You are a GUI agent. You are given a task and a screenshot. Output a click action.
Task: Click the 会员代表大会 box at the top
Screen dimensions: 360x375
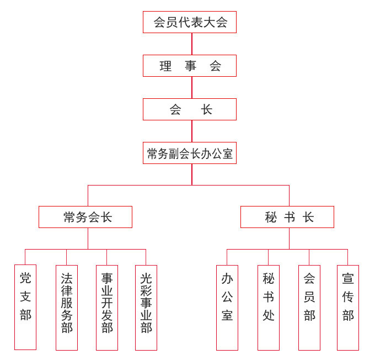189,22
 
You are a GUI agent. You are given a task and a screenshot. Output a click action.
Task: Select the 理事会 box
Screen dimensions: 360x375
189,66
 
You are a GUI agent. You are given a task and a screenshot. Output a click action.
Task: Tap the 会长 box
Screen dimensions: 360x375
189,109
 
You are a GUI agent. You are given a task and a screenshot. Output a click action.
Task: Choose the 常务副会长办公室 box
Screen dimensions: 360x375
189,153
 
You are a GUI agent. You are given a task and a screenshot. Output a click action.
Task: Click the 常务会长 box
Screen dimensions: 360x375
85,217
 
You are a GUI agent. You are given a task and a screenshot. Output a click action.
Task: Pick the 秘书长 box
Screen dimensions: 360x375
287,217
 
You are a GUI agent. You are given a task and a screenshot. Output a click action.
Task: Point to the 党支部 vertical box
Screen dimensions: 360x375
25,307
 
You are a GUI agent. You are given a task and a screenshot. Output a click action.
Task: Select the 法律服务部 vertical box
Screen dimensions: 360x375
67,307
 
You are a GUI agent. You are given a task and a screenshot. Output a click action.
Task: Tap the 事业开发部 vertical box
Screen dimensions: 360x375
107,307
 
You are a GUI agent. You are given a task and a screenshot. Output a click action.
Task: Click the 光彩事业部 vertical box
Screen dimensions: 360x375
146,307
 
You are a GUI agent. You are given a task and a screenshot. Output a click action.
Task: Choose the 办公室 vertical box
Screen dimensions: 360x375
227,307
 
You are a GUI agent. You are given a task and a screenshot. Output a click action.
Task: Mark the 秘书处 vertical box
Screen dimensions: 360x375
269,307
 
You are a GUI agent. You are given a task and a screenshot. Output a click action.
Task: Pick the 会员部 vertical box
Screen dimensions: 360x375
309,307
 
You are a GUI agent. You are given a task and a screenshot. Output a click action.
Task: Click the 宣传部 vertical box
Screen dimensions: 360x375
348,307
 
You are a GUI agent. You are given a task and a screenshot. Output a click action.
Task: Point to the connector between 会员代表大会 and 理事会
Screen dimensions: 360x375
192,44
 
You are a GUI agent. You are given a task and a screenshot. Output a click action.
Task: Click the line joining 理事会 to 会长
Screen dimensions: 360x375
192,87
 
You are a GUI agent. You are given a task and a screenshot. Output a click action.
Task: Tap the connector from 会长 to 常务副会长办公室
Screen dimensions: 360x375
192,131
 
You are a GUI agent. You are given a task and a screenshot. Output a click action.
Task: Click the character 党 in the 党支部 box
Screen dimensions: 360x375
25,278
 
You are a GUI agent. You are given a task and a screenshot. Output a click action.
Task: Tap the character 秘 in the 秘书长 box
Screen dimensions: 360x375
271,217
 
